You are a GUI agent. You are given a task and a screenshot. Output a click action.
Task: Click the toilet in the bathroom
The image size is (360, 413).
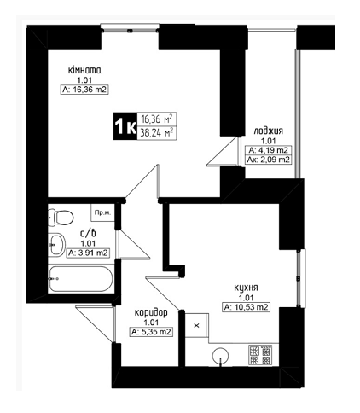[x=61, y=218]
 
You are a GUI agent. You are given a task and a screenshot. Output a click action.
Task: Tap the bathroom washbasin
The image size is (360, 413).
[x=56, y=245]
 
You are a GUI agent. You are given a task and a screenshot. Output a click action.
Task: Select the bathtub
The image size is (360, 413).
[x=80, y=279]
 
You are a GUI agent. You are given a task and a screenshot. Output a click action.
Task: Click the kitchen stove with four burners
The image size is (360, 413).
[x=260, y=355]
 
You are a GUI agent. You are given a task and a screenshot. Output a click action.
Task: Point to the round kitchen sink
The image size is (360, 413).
[x=220, y=356]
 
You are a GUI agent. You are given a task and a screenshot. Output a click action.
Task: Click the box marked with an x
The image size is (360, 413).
[x=197, y=325]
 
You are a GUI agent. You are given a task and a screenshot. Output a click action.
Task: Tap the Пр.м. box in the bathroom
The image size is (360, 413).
[x=102, y=212]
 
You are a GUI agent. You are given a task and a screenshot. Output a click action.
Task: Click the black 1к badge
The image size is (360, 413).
[x=125, y=126]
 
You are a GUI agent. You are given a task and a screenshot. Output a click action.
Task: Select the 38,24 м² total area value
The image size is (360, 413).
[x=157, y=133]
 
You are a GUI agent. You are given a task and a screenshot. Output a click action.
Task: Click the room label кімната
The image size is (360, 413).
[x=84, y=70]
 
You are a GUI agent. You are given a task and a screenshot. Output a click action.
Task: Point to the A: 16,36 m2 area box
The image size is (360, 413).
[x=84, y=90]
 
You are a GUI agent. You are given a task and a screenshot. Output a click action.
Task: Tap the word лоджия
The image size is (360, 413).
[x=269, y=131]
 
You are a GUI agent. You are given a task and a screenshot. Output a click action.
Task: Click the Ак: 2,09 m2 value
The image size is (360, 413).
[x=269, y=160]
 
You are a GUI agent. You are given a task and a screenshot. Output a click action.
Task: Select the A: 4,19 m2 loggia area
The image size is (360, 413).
[x=269, y=150]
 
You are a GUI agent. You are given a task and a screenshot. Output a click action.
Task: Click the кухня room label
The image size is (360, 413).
[x=246, y=288]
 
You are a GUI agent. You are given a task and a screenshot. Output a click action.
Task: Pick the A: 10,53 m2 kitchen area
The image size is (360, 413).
[x=246, y=307]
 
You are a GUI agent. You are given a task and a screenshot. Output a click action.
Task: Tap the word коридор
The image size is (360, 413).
[x=151, y=313]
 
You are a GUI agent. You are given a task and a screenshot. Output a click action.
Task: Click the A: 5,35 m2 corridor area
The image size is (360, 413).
[x=151, y=332]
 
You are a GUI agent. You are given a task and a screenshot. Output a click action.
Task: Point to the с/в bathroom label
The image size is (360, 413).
[x=88, y=234]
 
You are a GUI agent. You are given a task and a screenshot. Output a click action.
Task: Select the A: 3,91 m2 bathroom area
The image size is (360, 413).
[x=88, y=253]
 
